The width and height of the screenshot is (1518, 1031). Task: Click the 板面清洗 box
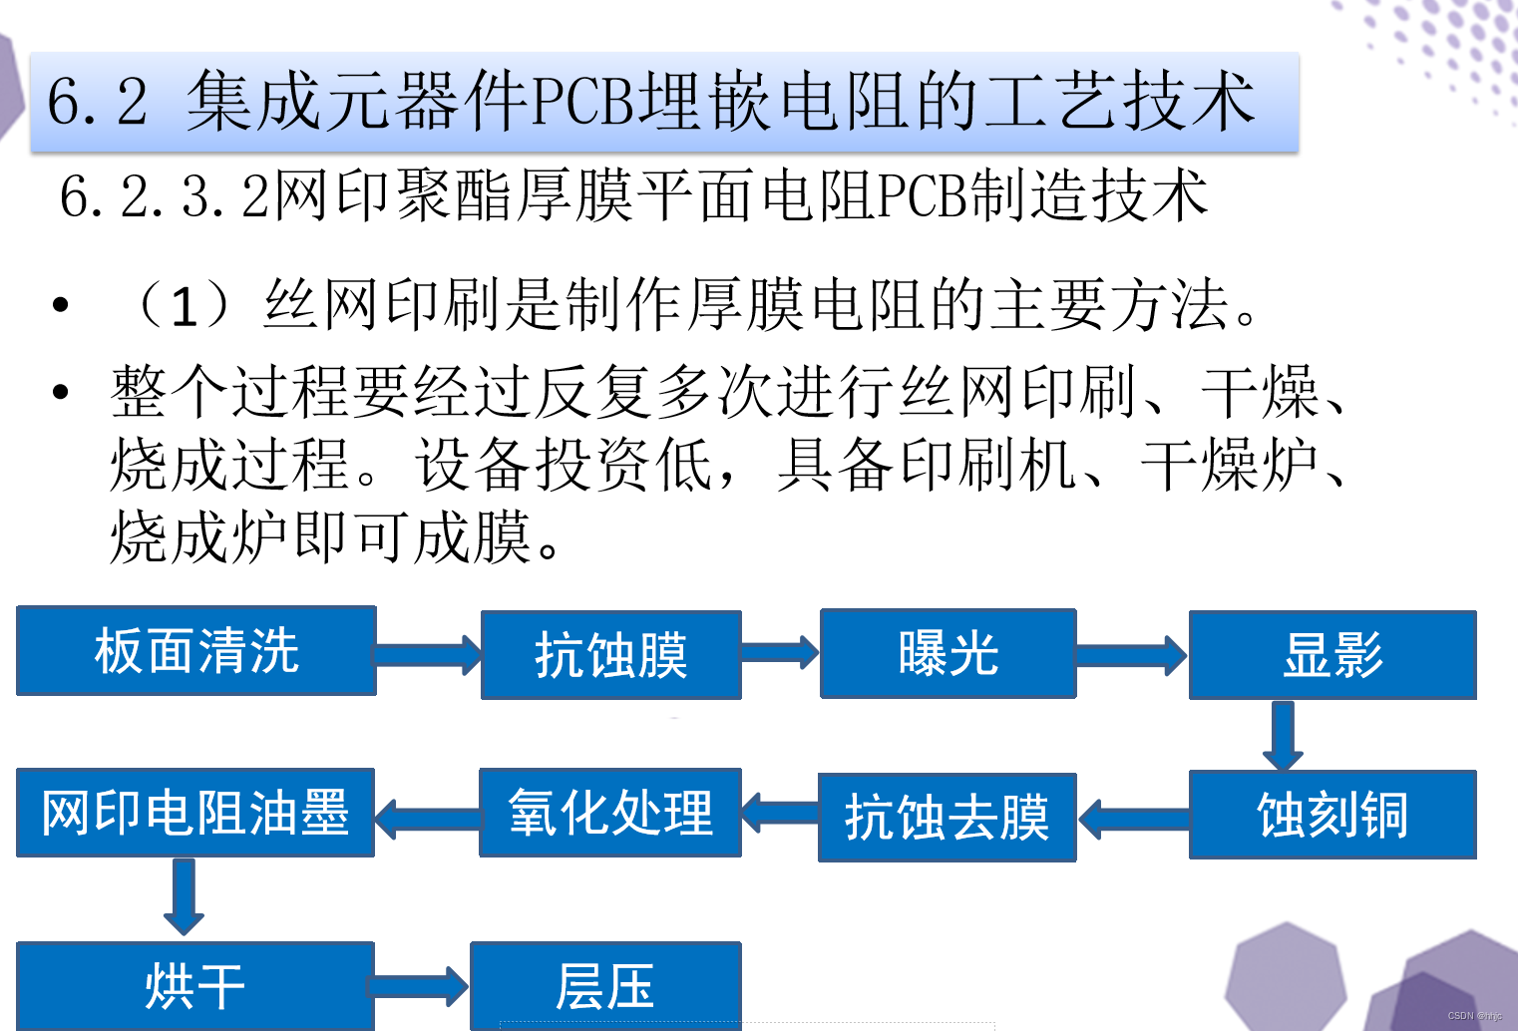click(196, 650)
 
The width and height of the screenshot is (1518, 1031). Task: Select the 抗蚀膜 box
click(610, 654)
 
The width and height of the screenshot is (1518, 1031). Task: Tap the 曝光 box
click(948, 653)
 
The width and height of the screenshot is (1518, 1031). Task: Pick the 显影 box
click(1332, 654)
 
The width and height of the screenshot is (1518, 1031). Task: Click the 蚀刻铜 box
click(1332, 815)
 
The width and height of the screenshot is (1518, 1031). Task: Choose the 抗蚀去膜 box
click(947, 817)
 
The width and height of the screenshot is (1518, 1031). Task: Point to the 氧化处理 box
click(610, 813)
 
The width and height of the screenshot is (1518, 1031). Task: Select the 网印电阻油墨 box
click(195, 813)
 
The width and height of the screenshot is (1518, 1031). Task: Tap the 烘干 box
click(195, 986)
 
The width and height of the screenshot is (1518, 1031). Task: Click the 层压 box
click(605, 986)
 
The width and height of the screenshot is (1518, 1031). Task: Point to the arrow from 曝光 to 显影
click(1132, 655)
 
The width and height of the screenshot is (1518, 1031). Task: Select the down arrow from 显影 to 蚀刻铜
click(1283, 736)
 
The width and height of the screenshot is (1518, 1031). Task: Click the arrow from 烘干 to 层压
click(419, 986)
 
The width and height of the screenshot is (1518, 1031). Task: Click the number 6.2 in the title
click(97, 102)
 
